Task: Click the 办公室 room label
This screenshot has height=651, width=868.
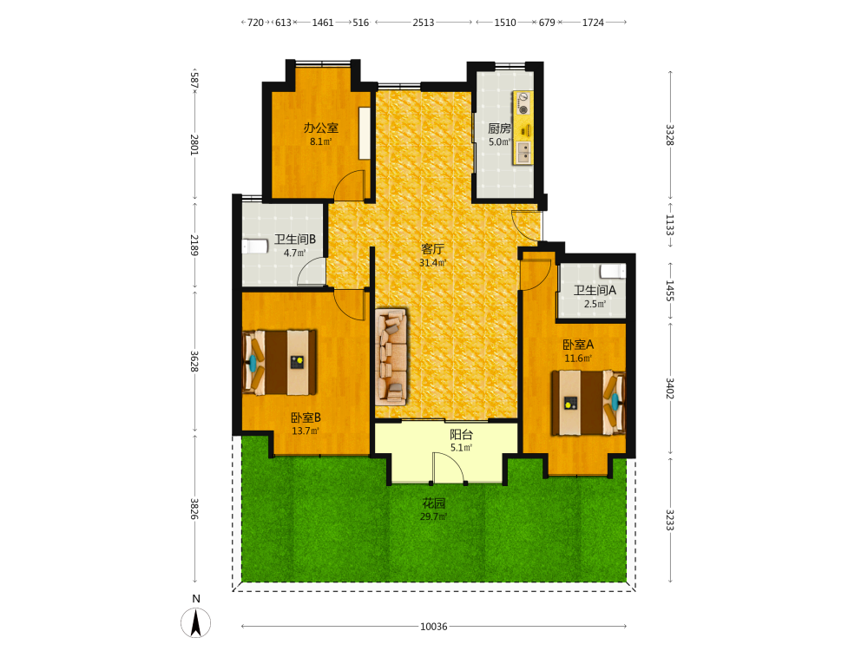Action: (x=320, y=128)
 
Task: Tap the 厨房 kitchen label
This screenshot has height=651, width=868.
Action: (x=499, y=128)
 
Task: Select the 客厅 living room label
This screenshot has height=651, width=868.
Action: (x=432, y=249)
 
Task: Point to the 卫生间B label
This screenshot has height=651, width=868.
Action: (x=295, y=240)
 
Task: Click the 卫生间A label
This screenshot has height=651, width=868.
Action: (x=595, y=290)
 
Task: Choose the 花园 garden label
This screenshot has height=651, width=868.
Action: (x=433, y=503)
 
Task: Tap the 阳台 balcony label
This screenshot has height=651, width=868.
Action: (x=461, y=435)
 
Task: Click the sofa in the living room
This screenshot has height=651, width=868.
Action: (x=391, y=357)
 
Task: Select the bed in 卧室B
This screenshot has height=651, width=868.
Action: (x=279, y=363)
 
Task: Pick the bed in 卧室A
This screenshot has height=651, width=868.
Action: (x=588, y=403)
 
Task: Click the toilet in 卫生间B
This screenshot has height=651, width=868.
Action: (x=255, y=246)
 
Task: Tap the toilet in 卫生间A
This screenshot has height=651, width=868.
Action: (x=613, y=271)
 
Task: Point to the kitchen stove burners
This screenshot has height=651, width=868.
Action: (x=523, y=104)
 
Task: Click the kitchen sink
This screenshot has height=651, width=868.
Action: (x=523, y=152)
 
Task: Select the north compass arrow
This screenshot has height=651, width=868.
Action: (x=195, y=622)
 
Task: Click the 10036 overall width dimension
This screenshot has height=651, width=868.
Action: (x=433, y=627)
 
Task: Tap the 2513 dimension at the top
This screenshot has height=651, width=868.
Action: (x=424, y=23)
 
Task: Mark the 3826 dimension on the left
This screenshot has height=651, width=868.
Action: (x=194, y=509)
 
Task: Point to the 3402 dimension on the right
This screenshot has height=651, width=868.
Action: (x=670, y=389)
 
